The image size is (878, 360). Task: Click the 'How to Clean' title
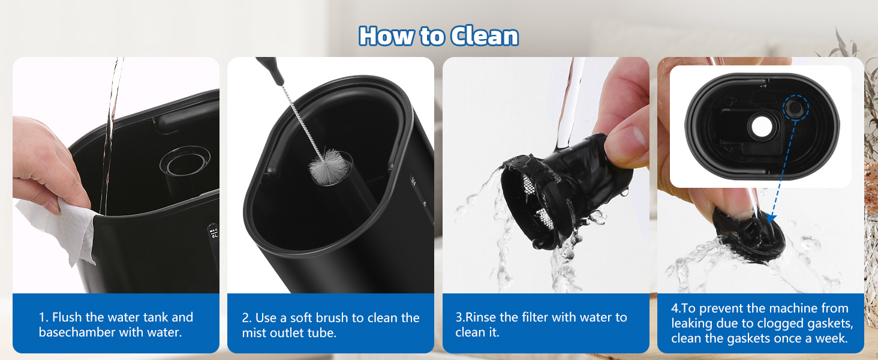(438, 37)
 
